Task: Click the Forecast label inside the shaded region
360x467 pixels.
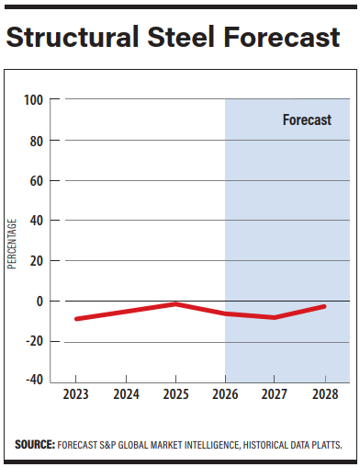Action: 307,120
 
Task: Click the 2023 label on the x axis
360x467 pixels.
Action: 76,393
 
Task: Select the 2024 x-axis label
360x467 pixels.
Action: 126,393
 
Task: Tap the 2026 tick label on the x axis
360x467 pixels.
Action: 225,393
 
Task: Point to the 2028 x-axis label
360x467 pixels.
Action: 324,393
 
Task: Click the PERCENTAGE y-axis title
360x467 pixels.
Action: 13,243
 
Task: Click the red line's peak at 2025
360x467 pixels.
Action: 175,303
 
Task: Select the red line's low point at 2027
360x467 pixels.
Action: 275,317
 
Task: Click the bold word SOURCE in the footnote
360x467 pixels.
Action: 35,444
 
